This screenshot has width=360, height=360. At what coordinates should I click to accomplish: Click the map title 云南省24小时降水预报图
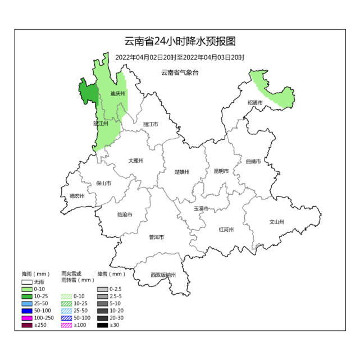(180, 42)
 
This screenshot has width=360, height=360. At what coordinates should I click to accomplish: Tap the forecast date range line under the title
(180, 57)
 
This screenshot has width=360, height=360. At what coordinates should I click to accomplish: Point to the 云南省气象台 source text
(180, 72)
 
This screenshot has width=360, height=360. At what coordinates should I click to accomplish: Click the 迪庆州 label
(117, 94)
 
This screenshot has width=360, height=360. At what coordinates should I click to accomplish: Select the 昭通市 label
(255, 103)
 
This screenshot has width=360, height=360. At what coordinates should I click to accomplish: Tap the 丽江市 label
(151, 124)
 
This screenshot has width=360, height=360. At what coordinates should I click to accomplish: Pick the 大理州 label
(136, 161)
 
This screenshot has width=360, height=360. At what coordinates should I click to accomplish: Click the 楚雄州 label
(182, 172)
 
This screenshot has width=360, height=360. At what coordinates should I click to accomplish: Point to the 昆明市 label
(221, 171)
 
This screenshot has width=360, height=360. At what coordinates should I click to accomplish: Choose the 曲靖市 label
(253, 162)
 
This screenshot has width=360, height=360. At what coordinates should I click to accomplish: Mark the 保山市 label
(103, 183)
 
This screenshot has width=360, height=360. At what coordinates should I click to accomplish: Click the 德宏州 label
(77, 196)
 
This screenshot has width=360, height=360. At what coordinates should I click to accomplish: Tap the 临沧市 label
(125, 215)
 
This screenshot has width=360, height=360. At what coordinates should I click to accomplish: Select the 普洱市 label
(156, 238)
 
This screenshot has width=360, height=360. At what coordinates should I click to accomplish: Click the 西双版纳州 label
(163, 275)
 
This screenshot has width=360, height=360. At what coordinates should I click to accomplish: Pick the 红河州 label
(226, 229)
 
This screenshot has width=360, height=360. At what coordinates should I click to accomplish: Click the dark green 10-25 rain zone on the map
(88, 92)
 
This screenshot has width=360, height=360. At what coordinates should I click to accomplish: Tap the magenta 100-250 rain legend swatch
(27, 318)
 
